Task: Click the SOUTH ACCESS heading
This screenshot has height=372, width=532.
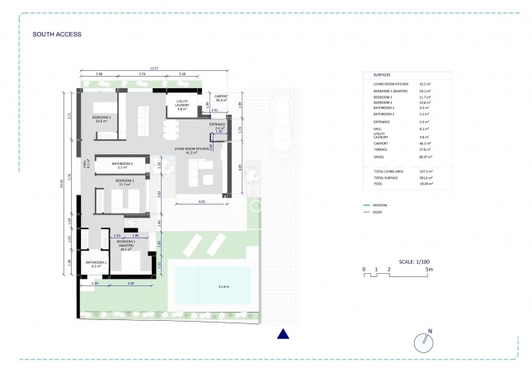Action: point(56,35)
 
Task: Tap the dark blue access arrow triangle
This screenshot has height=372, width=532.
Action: point(283,333)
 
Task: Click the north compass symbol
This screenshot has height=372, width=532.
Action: point(423,341)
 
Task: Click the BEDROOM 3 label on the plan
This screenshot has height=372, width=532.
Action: point(101,118)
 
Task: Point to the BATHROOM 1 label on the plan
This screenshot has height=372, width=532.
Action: point(97,263)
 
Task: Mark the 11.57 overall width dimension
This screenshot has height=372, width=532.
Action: point(154,68)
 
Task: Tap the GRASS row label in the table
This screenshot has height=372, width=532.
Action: point(380,155)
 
